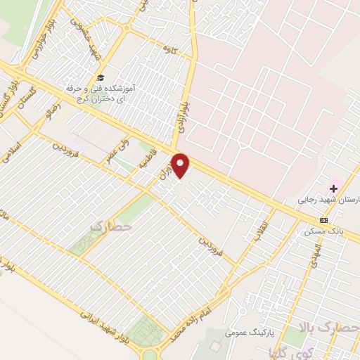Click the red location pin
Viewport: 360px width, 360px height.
[x=181, y=165]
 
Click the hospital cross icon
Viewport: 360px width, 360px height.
[x=335, y=188]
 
